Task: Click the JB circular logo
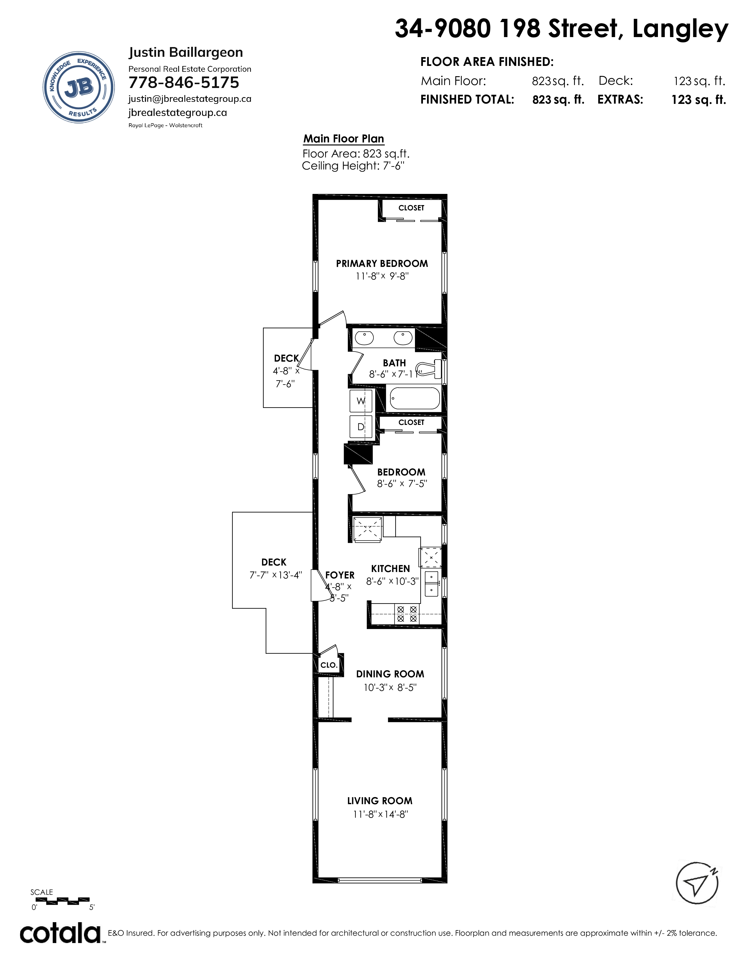coord(78,87)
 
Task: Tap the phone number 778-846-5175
coord(184,83)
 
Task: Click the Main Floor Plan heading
coord(343,139)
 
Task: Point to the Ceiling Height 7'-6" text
coord(353,166)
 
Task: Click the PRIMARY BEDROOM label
coord(382,264)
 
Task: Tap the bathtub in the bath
coord(415,398)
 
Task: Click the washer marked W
coord(361,401)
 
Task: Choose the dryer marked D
coord(361,427)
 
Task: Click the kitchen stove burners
coord(407,614)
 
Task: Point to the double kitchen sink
coord(431,583)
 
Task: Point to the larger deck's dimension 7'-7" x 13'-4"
coord(275,575)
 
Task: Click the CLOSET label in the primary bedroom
coord(411,208)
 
